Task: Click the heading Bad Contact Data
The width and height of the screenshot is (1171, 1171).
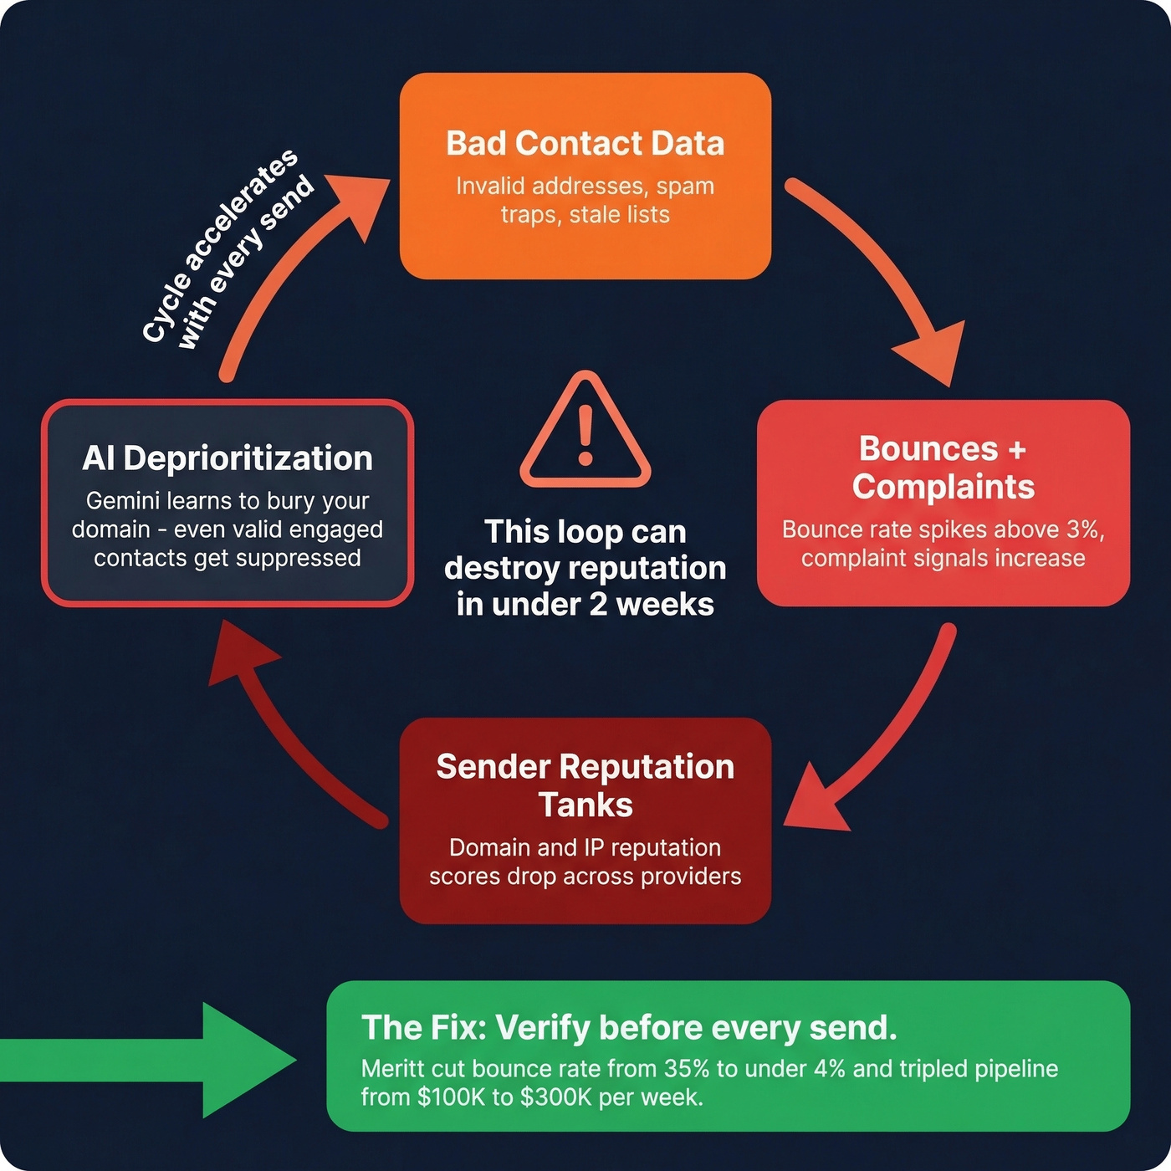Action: point(585,143)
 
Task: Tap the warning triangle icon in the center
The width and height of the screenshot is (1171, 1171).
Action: point(585,432)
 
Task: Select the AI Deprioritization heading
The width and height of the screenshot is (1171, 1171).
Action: point(228,458)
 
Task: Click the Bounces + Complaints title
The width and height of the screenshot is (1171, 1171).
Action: point(943,468)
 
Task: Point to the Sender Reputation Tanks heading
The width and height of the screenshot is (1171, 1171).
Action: point(585,785)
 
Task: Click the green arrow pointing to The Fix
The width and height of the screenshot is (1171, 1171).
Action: point(167,1060)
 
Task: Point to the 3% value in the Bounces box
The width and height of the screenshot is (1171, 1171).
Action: point(1085,529)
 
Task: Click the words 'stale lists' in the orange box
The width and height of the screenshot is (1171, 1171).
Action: point(619,215)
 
